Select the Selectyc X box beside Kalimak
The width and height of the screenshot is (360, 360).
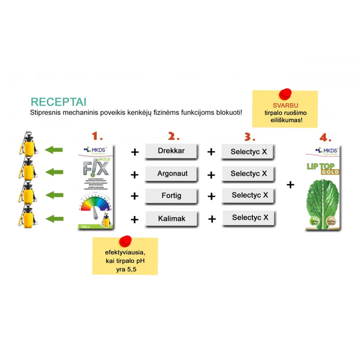click(249, 217)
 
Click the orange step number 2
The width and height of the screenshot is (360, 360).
click(173, 136)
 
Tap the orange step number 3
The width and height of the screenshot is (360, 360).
click(249, 136)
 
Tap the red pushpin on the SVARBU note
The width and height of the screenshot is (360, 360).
click(285, 93)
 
